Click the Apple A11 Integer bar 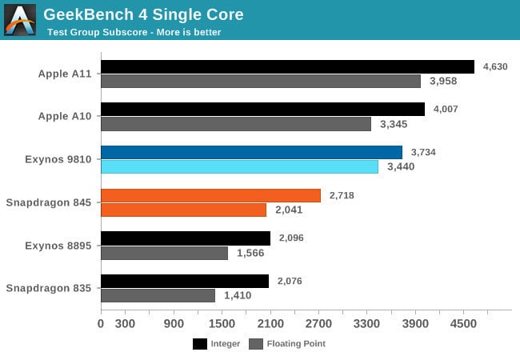tap(287, 66)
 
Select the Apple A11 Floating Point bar tap(261, 81)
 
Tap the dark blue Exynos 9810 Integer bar tap(251, 152)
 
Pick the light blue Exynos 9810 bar tap(239, 166)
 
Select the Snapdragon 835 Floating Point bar tap(158, 295)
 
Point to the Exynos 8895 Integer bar tap(186, 238)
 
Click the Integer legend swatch tap(200, 344)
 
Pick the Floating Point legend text tap(297, 344)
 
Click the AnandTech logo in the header tap(20, 20)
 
